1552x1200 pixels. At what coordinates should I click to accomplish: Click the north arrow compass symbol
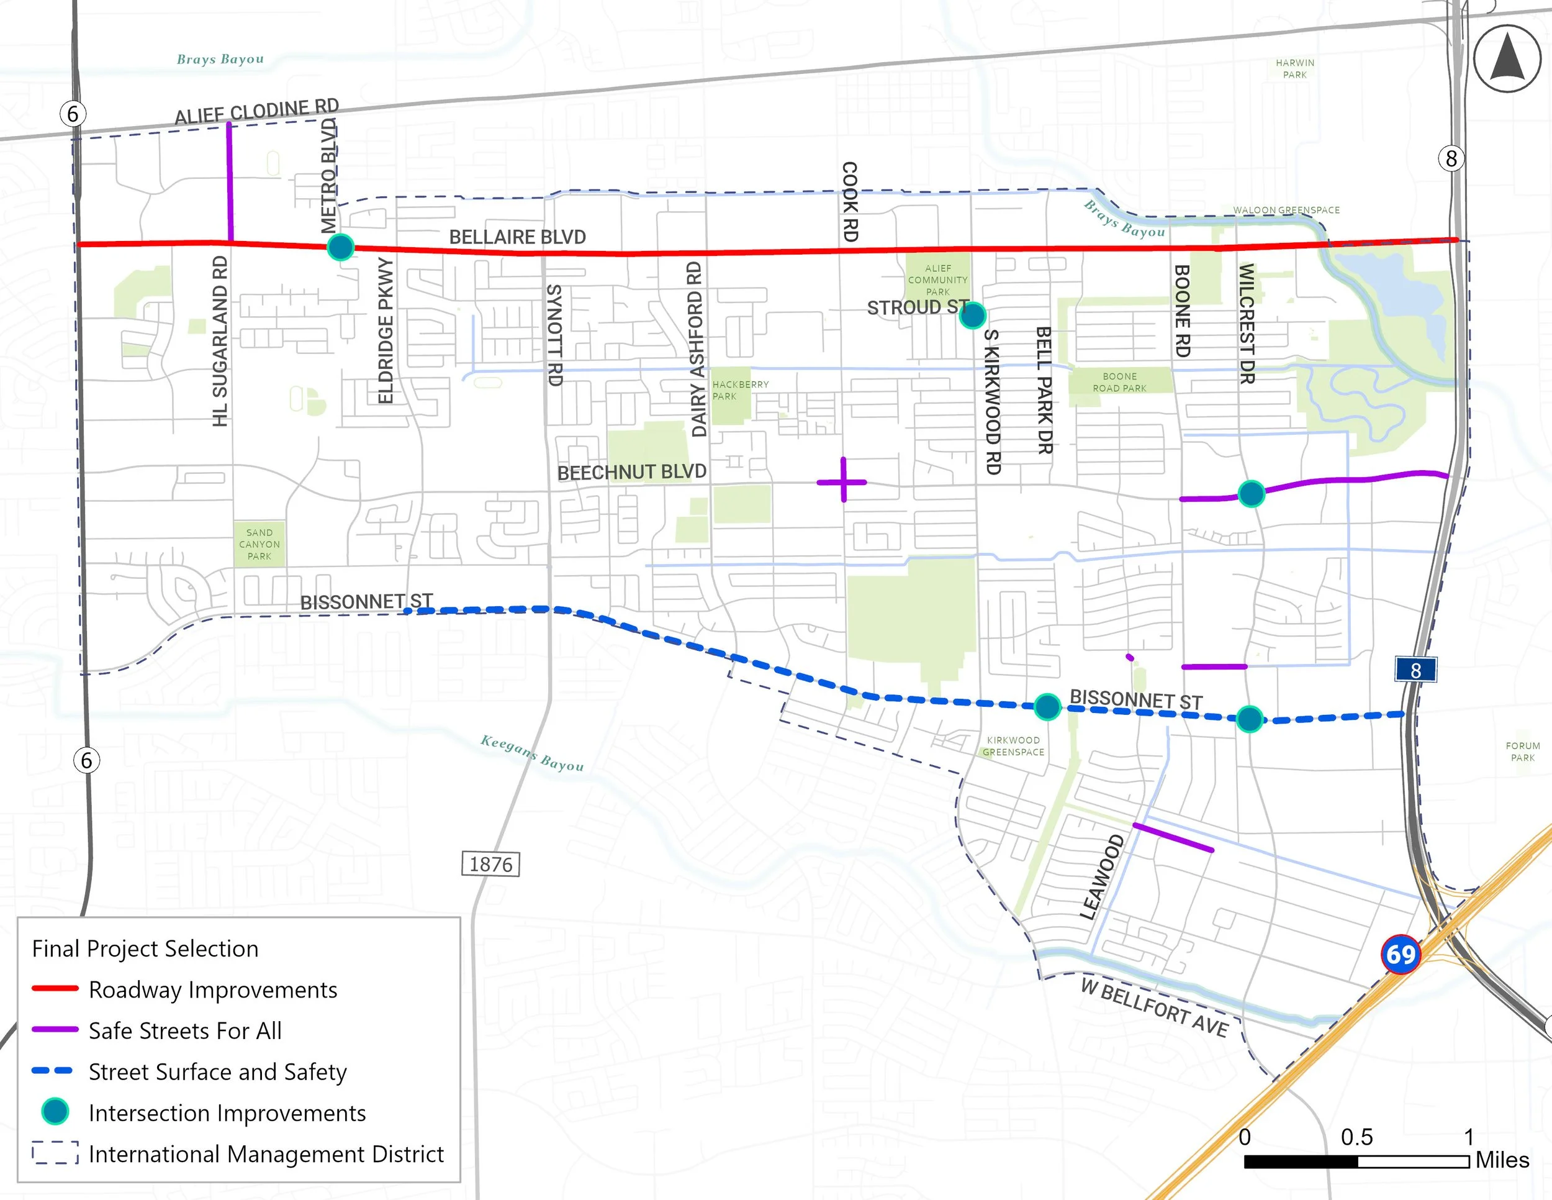(1507, 59)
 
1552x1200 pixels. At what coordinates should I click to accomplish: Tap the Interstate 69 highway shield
(1401, 954)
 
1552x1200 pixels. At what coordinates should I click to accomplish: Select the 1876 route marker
(490, 865)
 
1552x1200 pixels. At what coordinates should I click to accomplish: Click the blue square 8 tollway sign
(1415, 670)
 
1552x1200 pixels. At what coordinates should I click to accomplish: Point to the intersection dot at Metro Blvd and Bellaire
(340, 247)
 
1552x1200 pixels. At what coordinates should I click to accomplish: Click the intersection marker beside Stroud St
(972, 314)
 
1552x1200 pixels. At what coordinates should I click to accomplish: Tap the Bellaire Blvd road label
(517, 237)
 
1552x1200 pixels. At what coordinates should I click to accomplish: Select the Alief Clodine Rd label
(256, 112)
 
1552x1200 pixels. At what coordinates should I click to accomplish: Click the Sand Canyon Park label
(259, 544)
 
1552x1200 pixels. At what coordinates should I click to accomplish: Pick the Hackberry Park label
(740, 390)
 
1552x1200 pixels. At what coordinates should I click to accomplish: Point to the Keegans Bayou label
(531, 753)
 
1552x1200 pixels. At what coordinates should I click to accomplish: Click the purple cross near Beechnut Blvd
(843, 481)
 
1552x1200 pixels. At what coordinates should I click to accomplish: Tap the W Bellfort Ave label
(1154, 1008)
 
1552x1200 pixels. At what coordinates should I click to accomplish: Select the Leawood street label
(1101, 876)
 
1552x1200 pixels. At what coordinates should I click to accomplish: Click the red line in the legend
(55, 988)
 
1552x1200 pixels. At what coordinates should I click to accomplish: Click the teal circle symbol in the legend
(55, 1111)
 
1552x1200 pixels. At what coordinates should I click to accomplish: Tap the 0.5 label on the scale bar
(1356, 1137)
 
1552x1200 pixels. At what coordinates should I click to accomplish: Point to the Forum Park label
(1522, 752)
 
